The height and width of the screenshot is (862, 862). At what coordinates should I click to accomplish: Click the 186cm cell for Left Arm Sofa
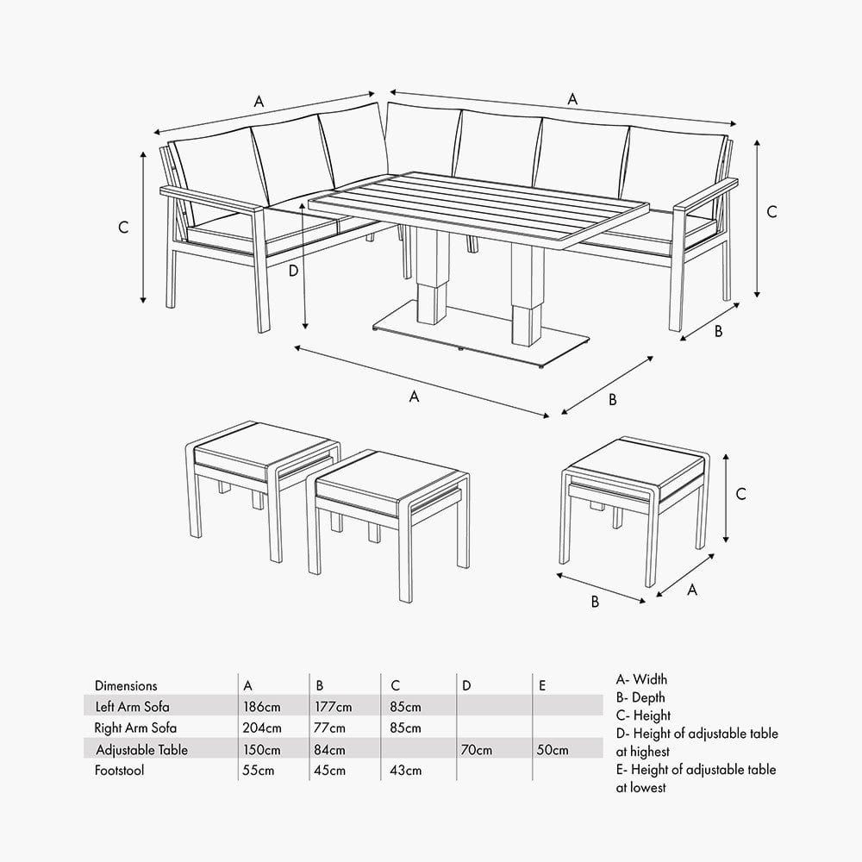(262, 707)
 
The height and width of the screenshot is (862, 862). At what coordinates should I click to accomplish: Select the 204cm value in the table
(262, 728)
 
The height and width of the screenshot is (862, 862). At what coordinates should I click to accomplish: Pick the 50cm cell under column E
(551, 750)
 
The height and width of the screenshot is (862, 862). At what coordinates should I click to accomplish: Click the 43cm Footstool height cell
(406, 771)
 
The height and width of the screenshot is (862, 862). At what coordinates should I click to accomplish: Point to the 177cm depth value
(334, 707)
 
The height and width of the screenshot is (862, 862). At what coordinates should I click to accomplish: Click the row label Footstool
(119, 771)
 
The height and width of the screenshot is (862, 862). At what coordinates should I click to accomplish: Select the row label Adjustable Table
(141, 750)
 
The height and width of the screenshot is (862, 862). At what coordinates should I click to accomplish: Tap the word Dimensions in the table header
(126, 686)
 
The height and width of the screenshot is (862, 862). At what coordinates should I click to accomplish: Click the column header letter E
(541, 686)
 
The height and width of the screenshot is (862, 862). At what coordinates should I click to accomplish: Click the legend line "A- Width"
(641, 680)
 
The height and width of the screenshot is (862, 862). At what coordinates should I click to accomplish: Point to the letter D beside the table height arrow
(293, 271)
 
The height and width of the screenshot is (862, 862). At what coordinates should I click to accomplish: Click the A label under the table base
(414, 397)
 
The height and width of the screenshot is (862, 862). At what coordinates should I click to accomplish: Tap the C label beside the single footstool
(740, 494)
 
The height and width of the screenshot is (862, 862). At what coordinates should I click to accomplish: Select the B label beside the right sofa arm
(718, 330)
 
